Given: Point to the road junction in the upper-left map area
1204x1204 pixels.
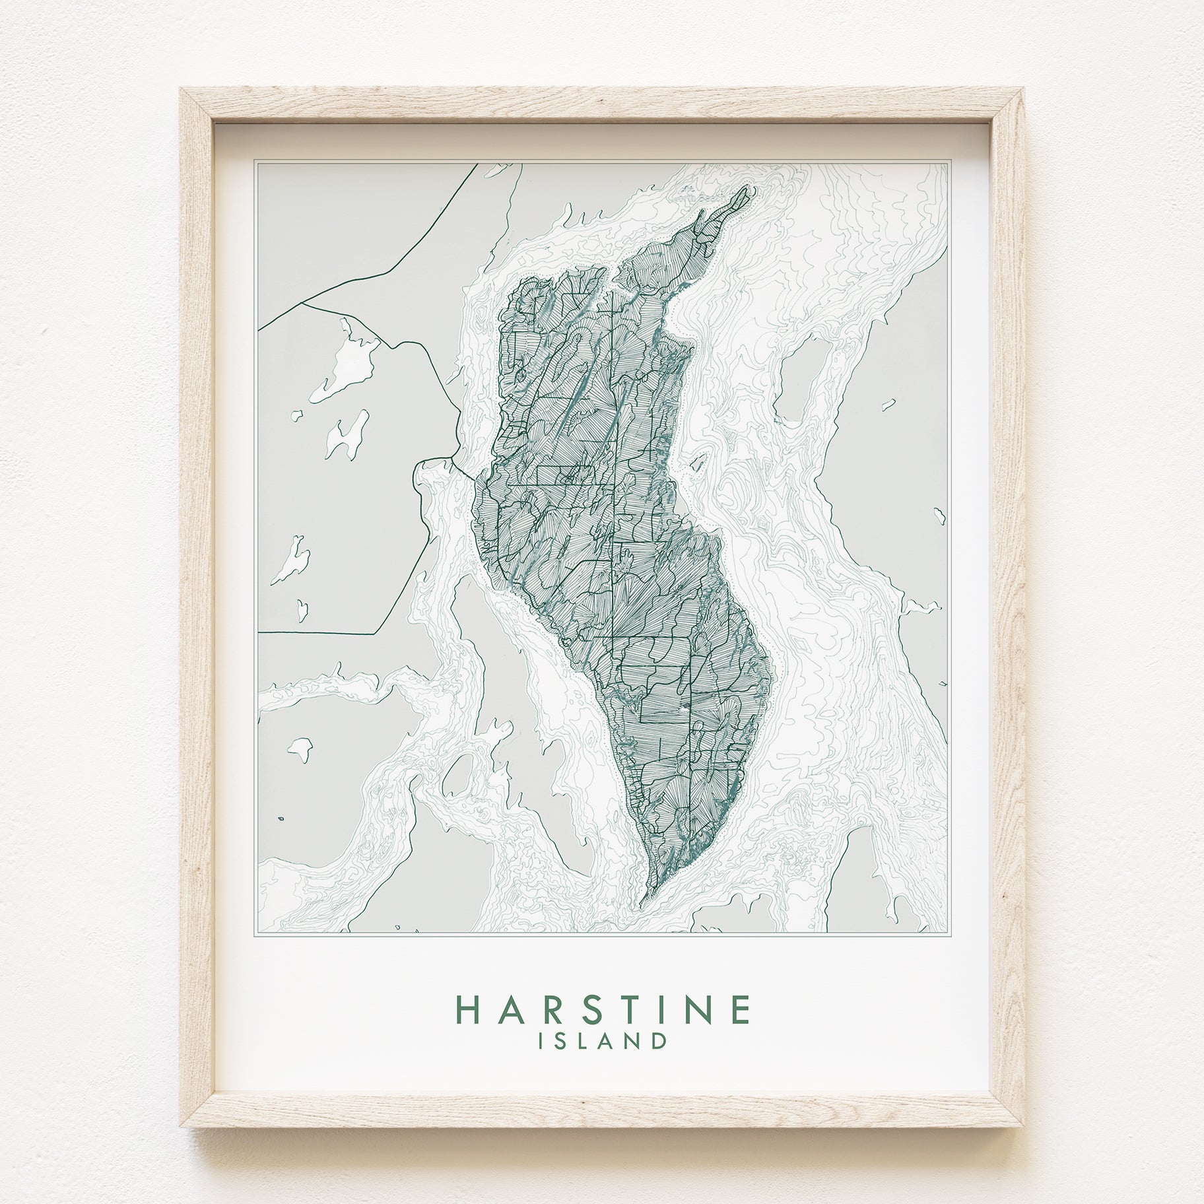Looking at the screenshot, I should click(302, 302).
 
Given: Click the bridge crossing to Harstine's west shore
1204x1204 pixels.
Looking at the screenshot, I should click(462, 462).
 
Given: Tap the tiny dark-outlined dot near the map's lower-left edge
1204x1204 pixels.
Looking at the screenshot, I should click(281, 819).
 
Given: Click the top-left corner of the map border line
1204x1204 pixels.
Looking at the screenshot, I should click(256, 159).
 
